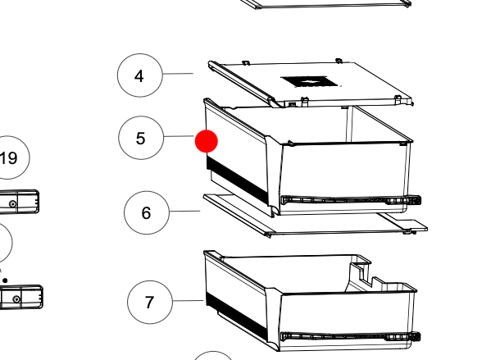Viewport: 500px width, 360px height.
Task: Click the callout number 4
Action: (x=139, y=76)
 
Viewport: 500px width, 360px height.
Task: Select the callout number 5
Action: (x=141, y=139)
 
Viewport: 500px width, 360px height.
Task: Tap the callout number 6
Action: (x=146, y=213)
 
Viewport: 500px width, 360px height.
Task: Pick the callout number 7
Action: (x=149, y=303)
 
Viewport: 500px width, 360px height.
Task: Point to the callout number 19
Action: (x=9, y=158)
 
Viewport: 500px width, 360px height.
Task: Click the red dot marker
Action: (x=207, y=141)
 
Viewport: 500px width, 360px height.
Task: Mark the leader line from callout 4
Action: (x=178, y=74)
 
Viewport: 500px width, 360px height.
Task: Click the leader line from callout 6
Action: (x=185, y=211)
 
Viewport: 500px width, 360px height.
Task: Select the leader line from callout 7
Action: (x=188, y=301)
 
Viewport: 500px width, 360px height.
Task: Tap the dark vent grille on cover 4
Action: (x=309, y=82)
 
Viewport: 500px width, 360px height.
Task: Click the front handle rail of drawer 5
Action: (x=351, y=200)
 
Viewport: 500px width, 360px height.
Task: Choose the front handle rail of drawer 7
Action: (x=351, y=337)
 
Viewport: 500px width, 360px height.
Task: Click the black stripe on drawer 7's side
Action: (x=236, y=312)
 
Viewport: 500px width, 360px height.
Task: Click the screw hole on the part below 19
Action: (x=13, y=203)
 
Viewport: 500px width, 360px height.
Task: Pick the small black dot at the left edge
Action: (x=5, y=280)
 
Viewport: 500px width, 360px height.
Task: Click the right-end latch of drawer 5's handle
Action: (x=414, y=200)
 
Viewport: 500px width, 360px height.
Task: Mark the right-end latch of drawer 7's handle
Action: (x=414, y=336)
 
